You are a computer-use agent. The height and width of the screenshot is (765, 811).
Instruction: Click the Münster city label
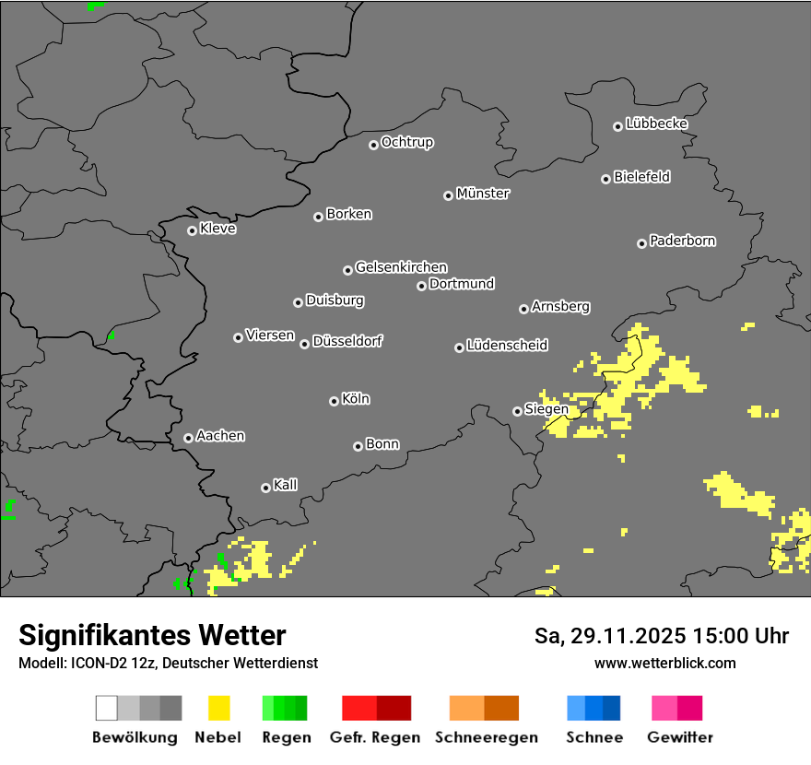483,194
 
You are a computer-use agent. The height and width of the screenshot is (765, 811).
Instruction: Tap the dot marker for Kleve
192,230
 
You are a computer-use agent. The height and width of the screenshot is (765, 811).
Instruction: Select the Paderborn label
682,241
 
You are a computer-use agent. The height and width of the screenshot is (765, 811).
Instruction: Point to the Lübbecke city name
656,124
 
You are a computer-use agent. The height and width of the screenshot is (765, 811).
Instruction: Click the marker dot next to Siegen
517,411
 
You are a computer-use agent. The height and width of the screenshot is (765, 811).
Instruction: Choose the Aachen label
220,435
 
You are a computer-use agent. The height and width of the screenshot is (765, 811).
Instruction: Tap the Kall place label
286,485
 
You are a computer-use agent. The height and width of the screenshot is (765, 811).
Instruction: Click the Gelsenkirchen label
401,267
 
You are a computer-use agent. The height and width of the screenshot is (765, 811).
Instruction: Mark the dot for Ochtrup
373,144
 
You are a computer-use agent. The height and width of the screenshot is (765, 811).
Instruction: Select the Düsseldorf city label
347,341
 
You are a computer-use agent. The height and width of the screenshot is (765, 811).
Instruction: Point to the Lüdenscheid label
507,345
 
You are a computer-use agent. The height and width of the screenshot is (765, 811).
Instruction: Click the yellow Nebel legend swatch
219,708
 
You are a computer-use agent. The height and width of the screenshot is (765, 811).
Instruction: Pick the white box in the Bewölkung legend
107,708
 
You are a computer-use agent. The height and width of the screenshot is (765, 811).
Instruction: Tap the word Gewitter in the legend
680,737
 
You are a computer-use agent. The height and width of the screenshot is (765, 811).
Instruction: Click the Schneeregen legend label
487,737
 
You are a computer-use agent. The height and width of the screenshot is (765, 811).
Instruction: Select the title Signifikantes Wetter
152,635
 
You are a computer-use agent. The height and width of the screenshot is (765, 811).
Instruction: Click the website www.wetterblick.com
664,663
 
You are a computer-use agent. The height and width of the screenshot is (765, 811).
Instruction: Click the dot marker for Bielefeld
605,179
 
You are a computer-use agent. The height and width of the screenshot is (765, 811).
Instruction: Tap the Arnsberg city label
560,306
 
